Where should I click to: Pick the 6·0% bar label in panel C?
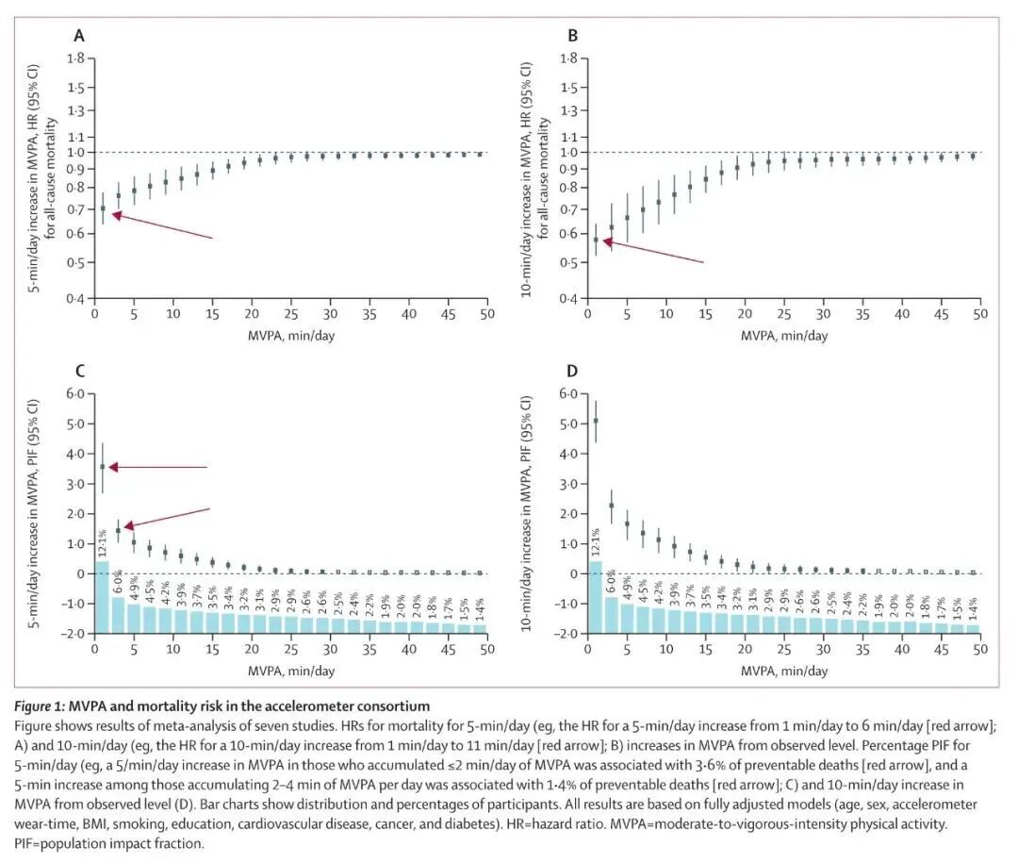tap(119, 578)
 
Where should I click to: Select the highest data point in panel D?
tap(596, 421)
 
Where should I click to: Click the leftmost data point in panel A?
tap(103, 208)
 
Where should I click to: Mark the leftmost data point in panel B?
tap(596, 240)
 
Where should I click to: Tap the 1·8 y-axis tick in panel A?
tap(74, 59)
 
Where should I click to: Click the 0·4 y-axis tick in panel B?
tap(568, 299)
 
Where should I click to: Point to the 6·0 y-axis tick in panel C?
tap(74, 393)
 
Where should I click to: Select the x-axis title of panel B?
tap(784, 335)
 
